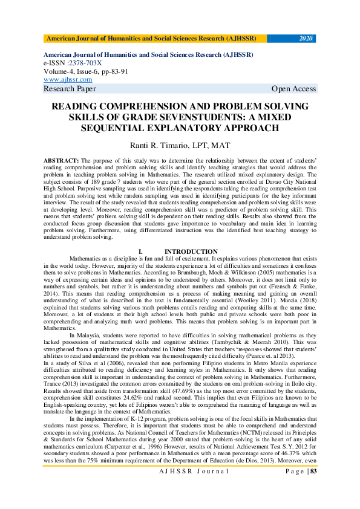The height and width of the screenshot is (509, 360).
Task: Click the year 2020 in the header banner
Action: click(x=306, y=39)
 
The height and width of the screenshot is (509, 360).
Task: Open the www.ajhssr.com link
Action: click(x=68, y=79)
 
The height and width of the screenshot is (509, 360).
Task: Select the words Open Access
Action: click(x=293, y=89)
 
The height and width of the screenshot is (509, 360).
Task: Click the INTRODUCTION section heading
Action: click(x=191, y=251)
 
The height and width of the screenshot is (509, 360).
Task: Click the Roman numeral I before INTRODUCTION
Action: click(x=140, y=251)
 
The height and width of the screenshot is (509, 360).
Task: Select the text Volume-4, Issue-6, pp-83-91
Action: click(x=89, y=71)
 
